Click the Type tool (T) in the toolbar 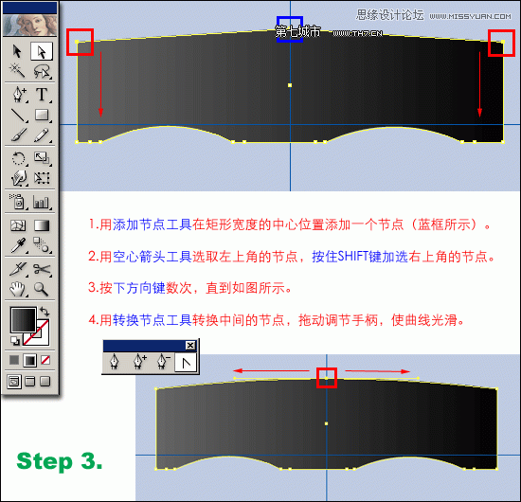42,95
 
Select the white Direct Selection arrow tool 42,51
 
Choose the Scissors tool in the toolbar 42,269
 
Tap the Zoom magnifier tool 42,289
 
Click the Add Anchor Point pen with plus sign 139,361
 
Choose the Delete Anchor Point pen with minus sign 162,361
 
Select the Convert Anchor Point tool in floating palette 186,361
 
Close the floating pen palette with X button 189,345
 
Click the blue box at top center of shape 289,29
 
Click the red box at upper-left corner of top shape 81,42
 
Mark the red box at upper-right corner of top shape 500,42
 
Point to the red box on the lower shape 327,376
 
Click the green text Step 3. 60,462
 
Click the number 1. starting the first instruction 93,225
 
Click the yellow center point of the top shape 289,85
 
